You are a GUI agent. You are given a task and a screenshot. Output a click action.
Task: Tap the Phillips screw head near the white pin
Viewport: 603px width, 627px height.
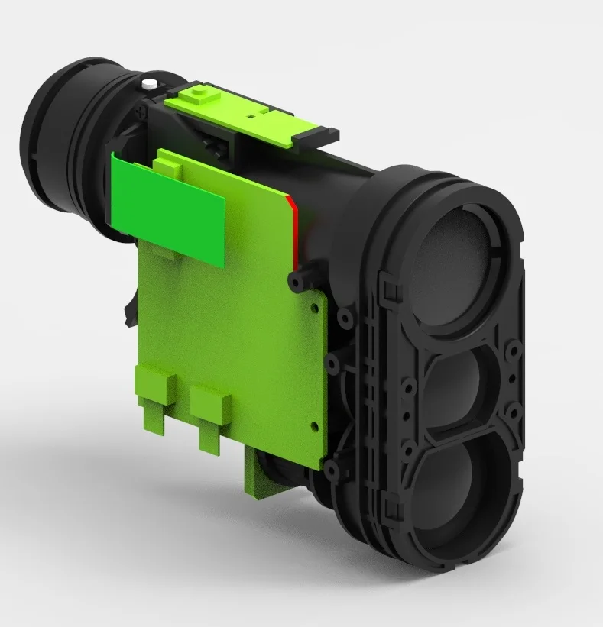pos(138,112)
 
